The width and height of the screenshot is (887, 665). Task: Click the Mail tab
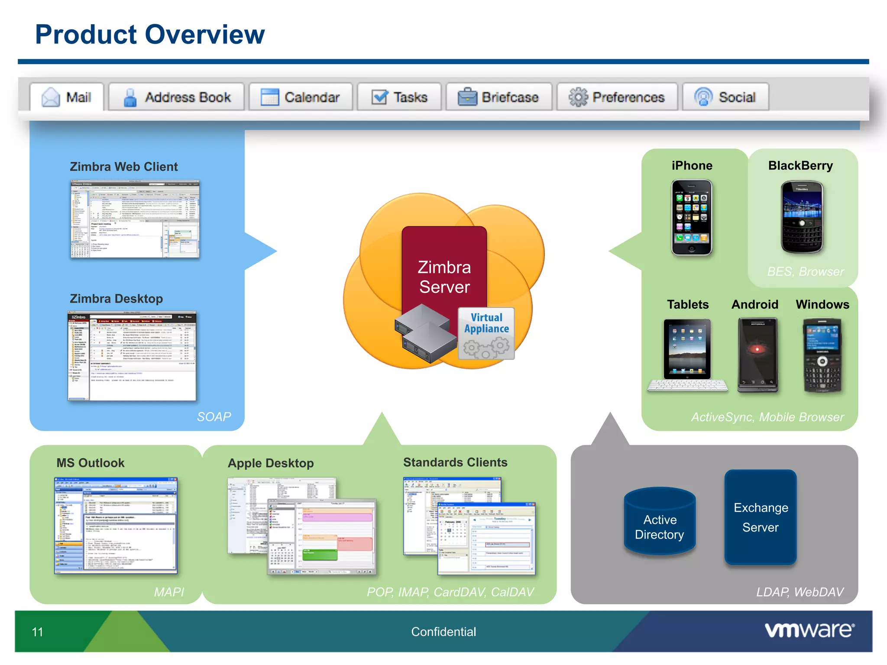pos(67,97)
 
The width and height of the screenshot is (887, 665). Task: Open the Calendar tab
pos(301,97)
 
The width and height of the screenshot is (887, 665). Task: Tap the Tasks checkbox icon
pos(379,97)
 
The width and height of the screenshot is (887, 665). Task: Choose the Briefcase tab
pos(499,97)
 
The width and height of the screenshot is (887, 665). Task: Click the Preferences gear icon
pos(578,97)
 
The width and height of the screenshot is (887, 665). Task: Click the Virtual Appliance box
pos(486,333)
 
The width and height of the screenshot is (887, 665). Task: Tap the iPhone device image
pos(691,218)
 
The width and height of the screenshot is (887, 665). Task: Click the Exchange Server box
pos(760,517)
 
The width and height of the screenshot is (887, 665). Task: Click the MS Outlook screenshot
pos(116,526)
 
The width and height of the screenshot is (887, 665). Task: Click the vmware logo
pos(809,630)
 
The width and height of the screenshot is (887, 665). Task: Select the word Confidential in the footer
pos(443,632)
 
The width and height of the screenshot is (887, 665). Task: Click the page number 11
pos(38,632)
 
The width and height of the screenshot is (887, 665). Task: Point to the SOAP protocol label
pos(214,416)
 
